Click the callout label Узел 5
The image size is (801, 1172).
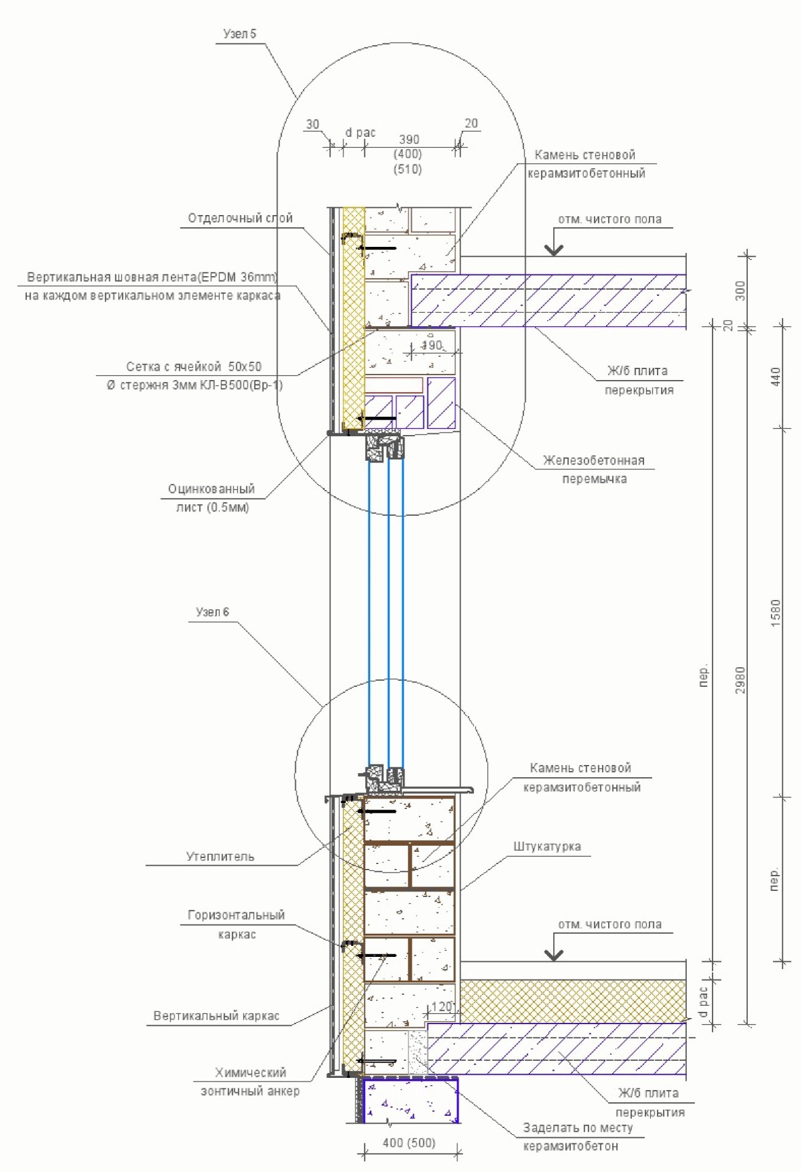239,34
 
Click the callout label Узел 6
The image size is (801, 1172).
212,612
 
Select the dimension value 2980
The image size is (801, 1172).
741,679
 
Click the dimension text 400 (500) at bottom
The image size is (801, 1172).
408,1143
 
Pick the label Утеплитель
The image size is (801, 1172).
220,857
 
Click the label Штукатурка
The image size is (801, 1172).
547,847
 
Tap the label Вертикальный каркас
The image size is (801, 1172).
216,1016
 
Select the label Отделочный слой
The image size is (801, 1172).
240,218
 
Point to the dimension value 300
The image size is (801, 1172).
741,290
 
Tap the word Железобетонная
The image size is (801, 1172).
593,461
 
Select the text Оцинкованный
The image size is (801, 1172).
211,489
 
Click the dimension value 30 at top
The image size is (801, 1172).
313,125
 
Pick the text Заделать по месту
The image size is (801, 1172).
578,1128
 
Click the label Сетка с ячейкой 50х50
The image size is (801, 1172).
194,367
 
